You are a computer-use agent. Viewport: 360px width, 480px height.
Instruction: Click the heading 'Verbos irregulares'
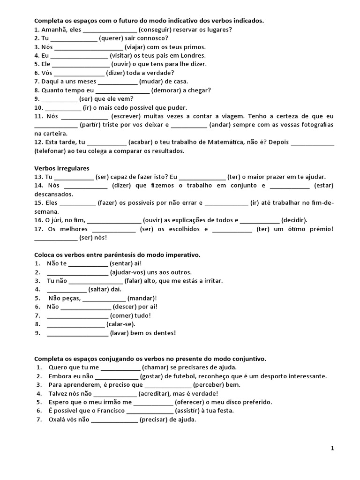(x=61, y=168)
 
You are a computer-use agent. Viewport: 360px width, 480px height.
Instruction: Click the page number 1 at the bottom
(x=332, y=448)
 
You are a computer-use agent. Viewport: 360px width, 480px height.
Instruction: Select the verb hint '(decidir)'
(x=294, y=220)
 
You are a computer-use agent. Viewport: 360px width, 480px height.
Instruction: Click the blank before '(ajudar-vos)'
(x=77, y=272)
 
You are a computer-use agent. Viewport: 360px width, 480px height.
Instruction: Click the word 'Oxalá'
(x=57, y=420)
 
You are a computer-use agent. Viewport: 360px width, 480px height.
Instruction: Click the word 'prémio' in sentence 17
(x=319, y=229)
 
